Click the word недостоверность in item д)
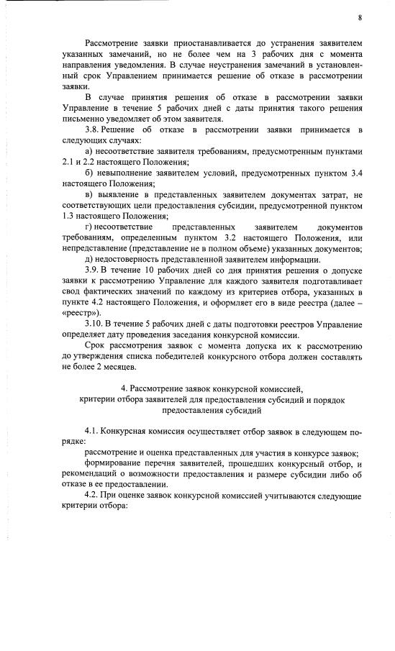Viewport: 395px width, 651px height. click(x=129, y=259)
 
